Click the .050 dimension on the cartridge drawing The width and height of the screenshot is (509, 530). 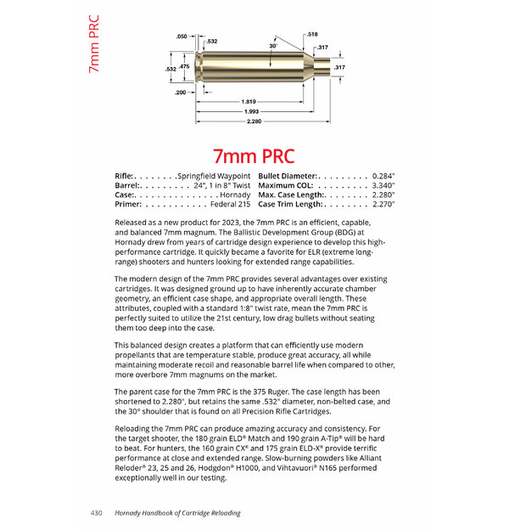click(x=181, y=37)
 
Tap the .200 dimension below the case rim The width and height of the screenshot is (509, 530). click(x=181, y=92)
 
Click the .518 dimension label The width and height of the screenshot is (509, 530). click(x=313, y=34)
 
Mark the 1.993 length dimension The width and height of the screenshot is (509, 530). click(x=250, y=111)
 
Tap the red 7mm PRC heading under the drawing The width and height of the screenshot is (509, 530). click(x=254, y=156)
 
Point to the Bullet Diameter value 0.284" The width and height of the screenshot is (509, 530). click(x=378, y=175)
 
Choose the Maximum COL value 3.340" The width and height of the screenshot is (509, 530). click(x=378, y=184)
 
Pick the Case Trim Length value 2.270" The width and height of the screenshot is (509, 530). click(x=378, y=204)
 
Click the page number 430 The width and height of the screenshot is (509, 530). click(x=97, y=513)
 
